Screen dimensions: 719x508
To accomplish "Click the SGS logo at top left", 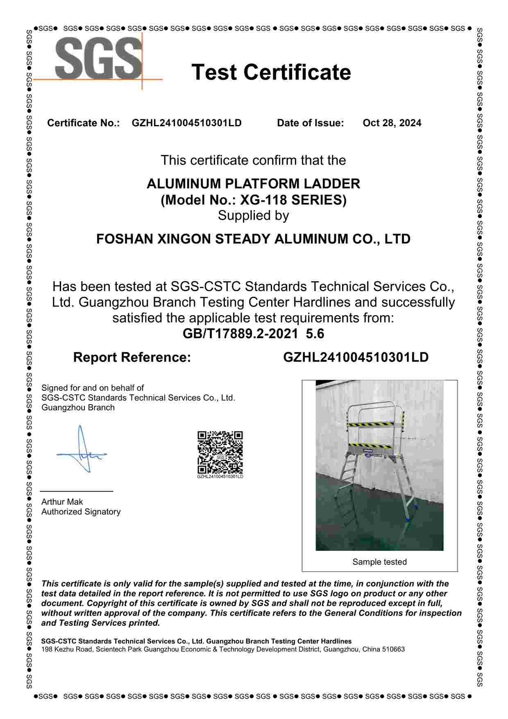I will point(99,59).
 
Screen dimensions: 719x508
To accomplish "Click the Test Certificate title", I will point(271,72).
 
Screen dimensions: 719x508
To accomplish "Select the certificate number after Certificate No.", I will point(186,123).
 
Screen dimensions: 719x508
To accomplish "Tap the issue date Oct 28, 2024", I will point(392,123).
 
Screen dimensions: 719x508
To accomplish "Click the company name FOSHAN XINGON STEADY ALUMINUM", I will point(253,239).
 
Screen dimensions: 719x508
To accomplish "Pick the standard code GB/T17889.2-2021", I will point(240,334).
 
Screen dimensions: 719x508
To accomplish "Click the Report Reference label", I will point(132,357).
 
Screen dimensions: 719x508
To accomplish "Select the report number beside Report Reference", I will point(356,357).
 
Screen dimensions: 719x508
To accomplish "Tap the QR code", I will point(220,453).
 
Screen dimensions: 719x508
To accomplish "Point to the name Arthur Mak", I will point(62,502).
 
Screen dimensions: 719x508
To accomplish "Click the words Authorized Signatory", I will point(81,512).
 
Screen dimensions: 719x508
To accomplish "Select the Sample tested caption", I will point(379,562).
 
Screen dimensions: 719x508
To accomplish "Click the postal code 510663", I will point(393,649).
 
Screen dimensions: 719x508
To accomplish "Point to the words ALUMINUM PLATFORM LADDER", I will point(253,184).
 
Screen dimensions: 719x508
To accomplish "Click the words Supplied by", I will point(253,216).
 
